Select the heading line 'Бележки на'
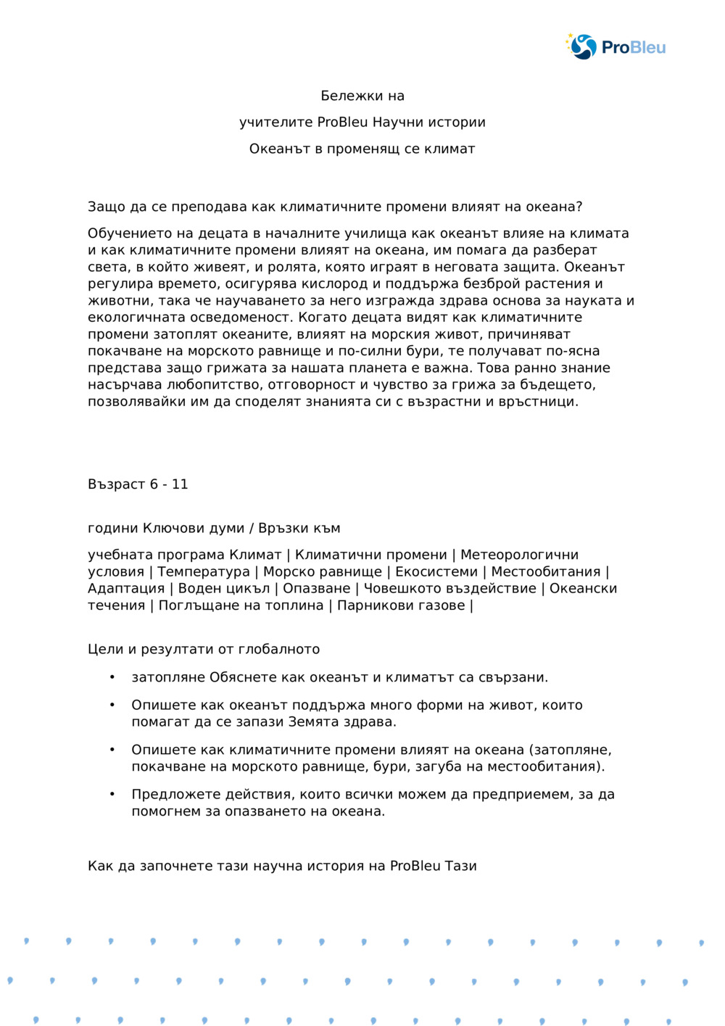[x=362, y=96]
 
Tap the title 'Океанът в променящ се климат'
[x=362, y=149]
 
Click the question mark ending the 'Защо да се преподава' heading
[x=579, y=207]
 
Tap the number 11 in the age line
[x=180, y=484]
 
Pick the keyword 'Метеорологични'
[x=519, y=555]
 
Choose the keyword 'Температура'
[x=204, y=571]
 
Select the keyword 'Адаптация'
[x=126, y=588]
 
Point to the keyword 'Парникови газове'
[x=401, y=605]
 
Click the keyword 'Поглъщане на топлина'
[x=241, y=605]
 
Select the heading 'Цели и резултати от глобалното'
[x=204, y=649]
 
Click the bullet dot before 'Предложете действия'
[x=112, y=794]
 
